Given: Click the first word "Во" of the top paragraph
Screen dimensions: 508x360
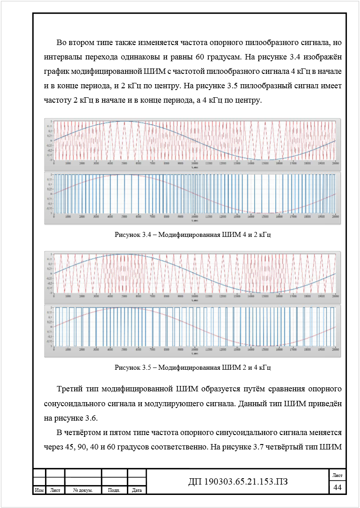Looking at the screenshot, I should tap(62, 43).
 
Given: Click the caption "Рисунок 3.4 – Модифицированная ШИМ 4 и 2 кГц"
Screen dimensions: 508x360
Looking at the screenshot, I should tap(193, 235).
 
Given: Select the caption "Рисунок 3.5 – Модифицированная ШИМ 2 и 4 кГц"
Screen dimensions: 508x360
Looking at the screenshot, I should tap(193, 367).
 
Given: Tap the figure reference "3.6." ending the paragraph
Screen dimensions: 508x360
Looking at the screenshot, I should tap(90, 417).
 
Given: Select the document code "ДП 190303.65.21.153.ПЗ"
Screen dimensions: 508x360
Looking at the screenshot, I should tap(238, 482).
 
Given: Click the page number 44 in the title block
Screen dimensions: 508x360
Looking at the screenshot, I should tap(337, 487).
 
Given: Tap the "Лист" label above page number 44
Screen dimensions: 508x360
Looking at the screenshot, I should tap(337, 476).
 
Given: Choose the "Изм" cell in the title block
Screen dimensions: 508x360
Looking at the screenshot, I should tap(39, 490).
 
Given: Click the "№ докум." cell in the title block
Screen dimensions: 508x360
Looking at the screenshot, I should tap(83, 490).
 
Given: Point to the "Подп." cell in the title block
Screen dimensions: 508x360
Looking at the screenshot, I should tap(114, 490).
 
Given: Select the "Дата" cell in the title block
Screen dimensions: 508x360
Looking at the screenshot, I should tap(137, 490).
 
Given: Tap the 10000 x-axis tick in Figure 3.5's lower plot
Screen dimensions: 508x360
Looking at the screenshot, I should tap(194, 349).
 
